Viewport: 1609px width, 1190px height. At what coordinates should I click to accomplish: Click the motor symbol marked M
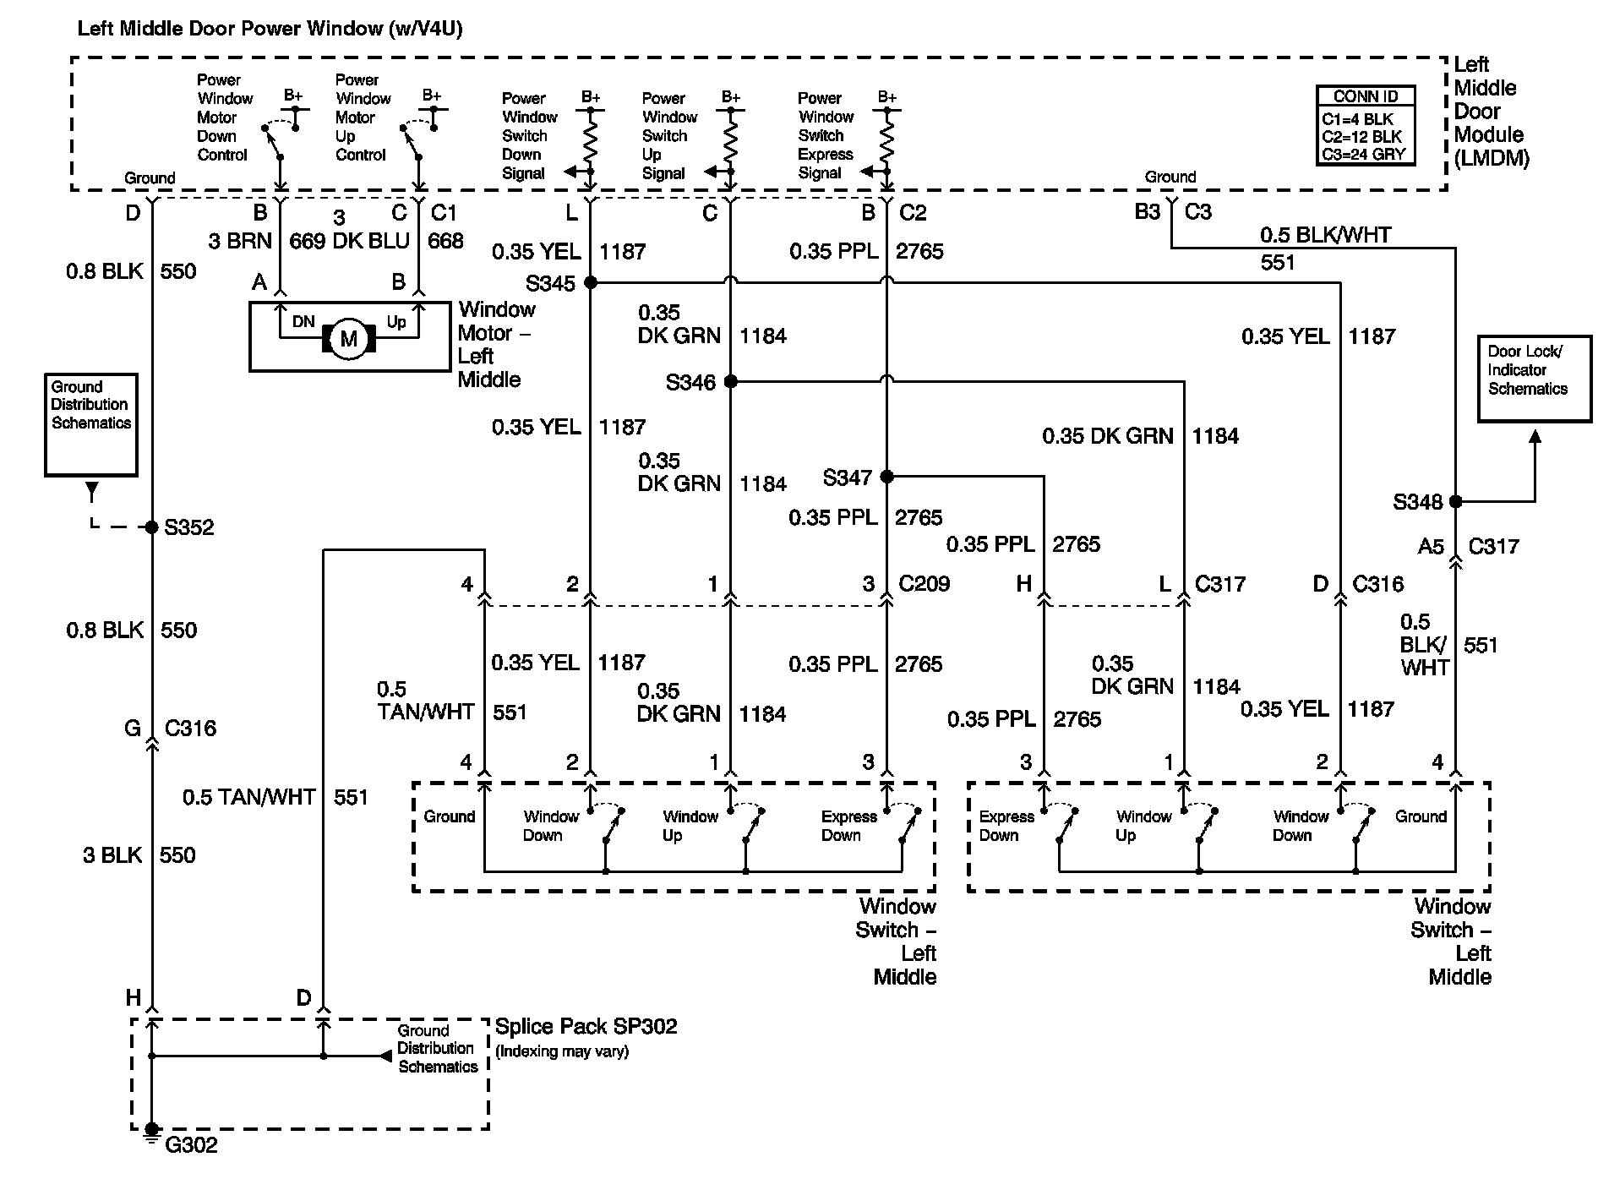348,340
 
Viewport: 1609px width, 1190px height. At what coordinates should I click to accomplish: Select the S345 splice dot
591,282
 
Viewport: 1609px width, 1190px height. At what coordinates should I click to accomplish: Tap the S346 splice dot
731,382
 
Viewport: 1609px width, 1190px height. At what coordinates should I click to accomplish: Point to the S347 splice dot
886,477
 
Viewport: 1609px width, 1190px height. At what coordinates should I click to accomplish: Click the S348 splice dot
1455,501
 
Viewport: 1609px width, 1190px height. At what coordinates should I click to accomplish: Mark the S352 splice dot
152,527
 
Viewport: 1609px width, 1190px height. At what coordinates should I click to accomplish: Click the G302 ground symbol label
191,1145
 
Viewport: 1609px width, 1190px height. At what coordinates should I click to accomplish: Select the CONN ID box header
1365,96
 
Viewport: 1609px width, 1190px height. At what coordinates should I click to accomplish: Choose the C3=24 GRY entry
1363,154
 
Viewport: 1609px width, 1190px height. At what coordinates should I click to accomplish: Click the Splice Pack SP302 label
586,1027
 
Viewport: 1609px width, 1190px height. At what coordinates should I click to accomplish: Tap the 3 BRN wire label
240,241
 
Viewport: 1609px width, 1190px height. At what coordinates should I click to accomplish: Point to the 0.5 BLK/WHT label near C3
1325,235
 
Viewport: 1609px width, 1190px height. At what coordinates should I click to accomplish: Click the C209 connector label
924,584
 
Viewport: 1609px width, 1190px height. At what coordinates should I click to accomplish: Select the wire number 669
307,242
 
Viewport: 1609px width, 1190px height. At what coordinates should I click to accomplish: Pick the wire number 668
445,242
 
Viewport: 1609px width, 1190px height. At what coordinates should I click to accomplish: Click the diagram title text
270,29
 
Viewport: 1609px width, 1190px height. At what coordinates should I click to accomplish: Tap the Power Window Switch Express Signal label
826,135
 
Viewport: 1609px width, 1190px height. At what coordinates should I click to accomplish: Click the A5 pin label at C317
1430,547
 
